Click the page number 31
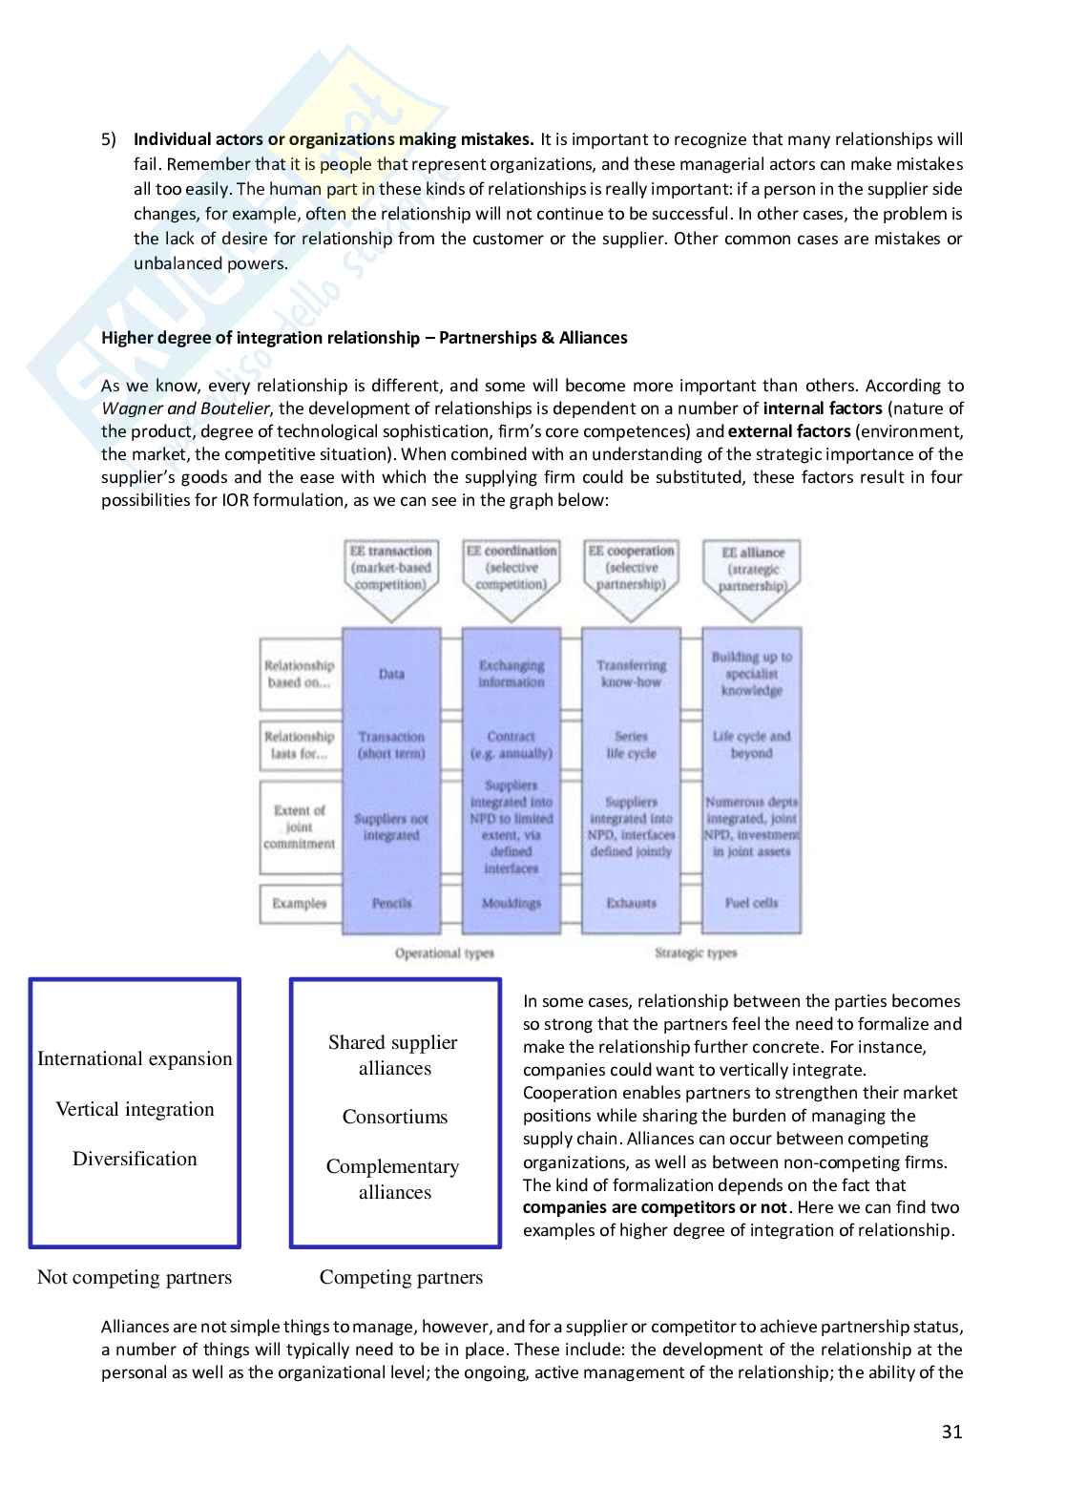tap(951, 1432)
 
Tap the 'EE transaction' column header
tap(391, 568)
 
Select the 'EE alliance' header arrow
tap(752, 570)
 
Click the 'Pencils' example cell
tap(391, 903)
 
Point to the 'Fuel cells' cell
tap(752, 903)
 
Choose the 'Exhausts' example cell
tap(631, 903)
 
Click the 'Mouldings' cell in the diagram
tap(512, 903)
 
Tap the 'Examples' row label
tap(299, 903)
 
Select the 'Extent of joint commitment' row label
tap(299, 827)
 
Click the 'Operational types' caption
tap(445, 952)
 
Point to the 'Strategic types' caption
tap(696, 952)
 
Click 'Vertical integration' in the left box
tap(135, 1109)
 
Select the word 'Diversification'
tap(135, 1159)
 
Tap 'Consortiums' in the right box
tap(395, 1117)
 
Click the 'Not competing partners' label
tap(135, 1277)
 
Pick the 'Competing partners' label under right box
tap(401, 1277)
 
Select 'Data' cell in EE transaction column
tap(391, 674)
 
